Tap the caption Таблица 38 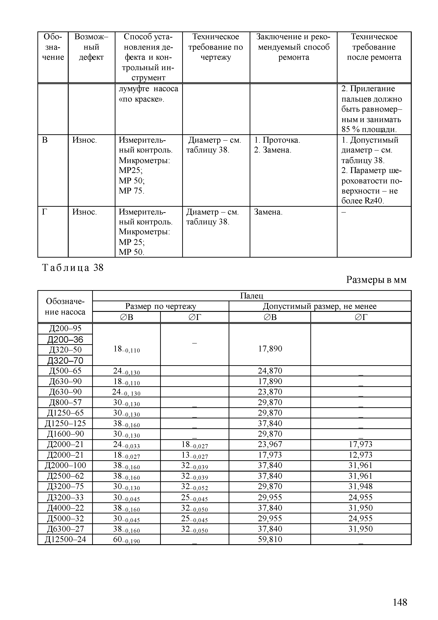tap(73, 268)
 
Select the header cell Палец tap(252, 296)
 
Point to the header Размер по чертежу tap(161, 306)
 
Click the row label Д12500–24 tap(65, 539)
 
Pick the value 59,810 tap(270, 539)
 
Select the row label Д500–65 tap(65, 371)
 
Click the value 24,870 tap(270, 371)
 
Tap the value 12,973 tap(360, 455)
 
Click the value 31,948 tap(360, 486)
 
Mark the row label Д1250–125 tap(65, 423)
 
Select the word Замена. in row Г tap(268, 212)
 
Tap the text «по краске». tap(141, 99)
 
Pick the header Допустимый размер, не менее tap(320, 306)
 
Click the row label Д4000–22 tap(65, 508)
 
